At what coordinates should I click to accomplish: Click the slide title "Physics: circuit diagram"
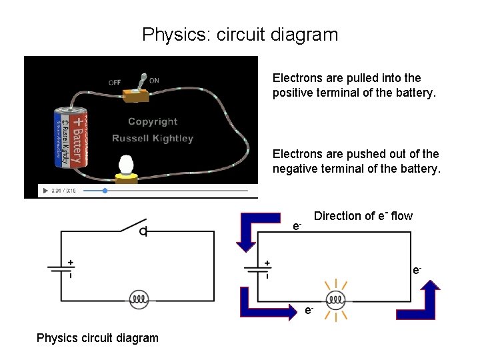(240, 34)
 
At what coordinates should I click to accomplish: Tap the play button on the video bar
(45, 191)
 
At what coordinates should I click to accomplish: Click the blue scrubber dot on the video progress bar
(105, 191)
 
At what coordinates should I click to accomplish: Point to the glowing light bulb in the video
(126, 167)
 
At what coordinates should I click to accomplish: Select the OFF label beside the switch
(115, 83)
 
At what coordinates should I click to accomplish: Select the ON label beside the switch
(154, 81)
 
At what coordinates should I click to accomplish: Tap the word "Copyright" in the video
(153, 122)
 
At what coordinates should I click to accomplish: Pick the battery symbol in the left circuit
(63, 269)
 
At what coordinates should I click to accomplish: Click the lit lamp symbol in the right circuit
(335, 300)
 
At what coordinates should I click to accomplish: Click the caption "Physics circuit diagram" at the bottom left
(97, 337)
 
